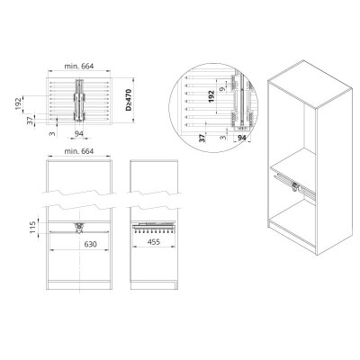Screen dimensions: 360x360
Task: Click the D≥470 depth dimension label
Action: pyautogui.click(x=129, y=100)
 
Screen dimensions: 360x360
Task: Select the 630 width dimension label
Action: pyautogui.click(x=90, y=245)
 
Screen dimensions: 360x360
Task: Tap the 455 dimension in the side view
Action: pyautogui.click(x=154, y=242)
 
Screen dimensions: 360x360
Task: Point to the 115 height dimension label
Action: pyautogui.click(x=33, y=227)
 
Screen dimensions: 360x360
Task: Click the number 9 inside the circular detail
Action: pyautogui.click(x=221, y=89)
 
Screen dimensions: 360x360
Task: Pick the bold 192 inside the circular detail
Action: pyautogui.click(x=211, y=96)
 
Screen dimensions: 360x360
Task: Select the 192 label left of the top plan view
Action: pyautogui.click(x=19, y=103)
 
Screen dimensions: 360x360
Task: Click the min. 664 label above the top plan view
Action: pyautogui.click(x=79, y=67)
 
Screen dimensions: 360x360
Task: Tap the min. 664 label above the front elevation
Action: pyautogui.click(x=79, y=151)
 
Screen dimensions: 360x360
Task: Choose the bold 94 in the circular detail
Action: pyautogui.click(x=242, y=138)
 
